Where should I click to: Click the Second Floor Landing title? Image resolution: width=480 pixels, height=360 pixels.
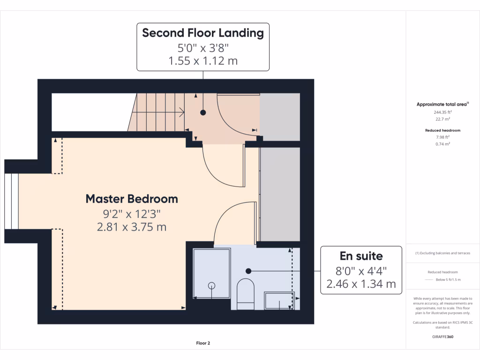[x=203, y=33]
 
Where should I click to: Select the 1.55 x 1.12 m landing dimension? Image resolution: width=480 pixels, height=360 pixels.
[x=203, y=61]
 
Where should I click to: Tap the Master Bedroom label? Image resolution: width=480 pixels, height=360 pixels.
[x=132, y=199]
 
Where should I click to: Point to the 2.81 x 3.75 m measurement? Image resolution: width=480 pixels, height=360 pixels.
[x=132, y=227]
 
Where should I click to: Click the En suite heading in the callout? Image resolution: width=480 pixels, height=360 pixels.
[x=361, y=256]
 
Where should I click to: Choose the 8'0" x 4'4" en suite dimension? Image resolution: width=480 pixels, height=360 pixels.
[x=361, y=270]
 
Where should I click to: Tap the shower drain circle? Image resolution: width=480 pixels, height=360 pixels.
[x=211, y=285]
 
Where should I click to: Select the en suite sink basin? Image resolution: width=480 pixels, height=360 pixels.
[x=280, y=300]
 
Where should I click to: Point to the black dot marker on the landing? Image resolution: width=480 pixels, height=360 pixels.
[x=203, y=112]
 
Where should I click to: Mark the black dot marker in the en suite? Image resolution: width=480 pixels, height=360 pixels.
[x=248, y=270]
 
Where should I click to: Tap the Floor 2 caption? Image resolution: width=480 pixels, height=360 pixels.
[x=203, y=343]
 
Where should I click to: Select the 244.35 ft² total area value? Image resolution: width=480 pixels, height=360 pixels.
[x=442, y=112]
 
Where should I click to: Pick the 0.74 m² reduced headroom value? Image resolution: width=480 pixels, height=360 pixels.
[x=442, y=144]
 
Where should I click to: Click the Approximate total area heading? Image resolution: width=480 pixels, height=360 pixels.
[x=442, y=105]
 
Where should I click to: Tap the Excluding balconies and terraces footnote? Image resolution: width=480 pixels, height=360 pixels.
[x=442, y=253]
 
